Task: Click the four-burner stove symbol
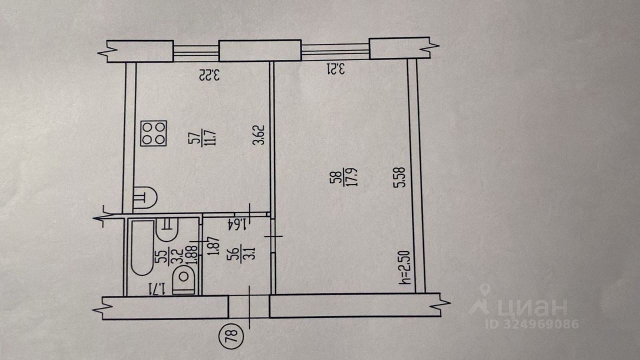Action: tap(153, 133)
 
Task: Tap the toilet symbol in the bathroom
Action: tap(183, 279)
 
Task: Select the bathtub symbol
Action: tap(143, 247)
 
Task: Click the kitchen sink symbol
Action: tap(145, 197)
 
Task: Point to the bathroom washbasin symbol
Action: tap(167, 229)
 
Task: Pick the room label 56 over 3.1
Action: tap(241, 253)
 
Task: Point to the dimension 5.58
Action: tap(399, 177)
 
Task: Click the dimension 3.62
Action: tap(259, 135)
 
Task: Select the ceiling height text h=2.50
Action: tap(405, 267)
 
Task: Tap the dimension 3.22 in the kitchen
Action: tap(209, 75)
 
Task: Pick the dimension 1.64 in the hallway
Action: tap(237, 224)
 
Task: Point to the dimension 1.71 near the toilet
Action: tap(156, 288)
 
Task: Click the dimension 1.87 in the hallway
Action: tap(215, 246)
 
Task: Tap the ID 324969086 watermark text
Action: tap(532, 324)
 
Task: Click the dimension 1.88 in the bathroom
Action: tap(193, 254)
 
